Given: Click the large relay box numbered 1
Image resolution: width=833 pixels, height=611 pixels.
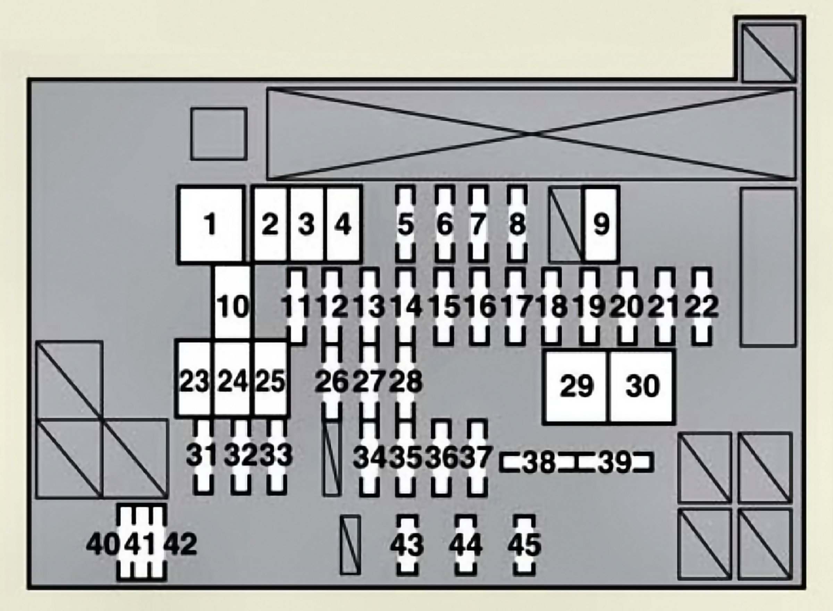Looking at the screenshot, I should (211, 224).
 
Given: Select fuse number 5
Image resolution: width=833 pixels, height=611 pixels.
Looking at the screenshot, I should (406, 224).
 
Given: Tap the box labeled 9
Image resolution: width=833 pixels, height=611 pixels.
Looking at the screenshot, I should (601, 224).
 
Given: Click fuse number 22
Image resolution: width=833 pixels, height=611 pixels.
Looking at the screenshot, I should (701, 306).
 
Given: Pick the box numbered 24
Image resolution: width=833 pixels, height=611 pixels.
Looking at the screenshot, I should (233, 381).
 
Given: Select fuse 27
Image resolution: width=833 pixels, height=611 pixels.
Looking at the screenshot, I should (369, 382).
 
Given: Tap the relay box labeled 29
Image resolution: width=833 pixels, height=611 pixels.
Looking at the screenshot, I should (576, 386).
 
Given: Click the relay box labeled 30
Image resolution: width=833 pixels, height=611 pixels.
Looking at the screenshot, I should (642, 386).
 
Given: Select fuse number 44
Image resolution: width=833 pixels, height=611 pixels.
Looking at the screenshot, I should (466, 544).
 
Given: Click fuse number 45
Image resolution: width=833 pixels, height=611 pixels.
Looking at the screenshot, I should (524, 544).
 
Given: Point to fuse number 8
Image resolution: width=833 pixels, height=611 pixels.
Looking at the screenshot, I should (517, 224).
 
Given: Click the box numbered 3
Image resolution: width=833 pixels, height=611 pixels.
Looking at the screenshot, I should (306, 224).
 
